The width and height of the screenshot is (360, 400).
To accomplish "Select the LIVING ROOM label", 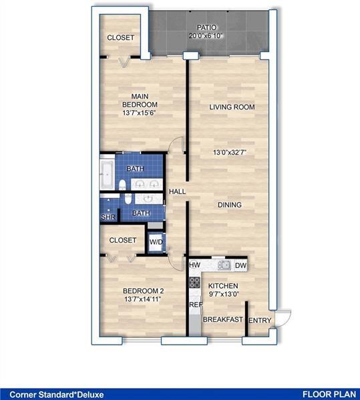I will [x=232, y=107].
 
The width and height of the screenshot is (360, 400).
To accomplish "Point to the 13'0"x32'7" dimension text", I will [x=229, y=153].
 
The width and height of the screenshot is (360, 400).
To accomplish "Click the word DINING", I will [x=229, y=205].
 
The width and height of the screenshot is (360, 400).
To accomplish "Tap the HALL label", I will [x=177, y=192].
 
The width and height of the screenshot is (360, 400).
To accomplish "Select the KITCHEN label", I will [x=223, y=285].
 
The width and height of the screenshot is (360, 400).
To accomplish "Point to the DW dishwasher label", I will [x=240, y=265].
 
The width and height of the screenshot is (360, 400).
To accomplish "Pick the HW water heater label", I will [x=195, y=265].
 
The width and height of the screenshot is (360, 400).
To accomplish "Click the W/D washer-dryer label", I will [x=156, y=242].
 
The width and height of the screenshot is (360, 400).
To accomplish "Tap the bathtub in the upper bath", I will [x=108, y=175].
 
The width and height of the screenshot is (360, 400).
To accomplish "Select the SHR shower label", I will [x=108, y=217].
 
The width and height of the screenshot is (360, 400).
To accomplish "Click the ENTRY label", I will [x=260, y=321].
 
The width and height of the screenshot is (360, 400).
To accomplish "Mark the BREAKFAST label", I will [x=222, y=320].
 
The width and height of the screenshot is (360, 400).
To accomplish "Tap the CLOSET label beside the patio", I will [x=121, y=38].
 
